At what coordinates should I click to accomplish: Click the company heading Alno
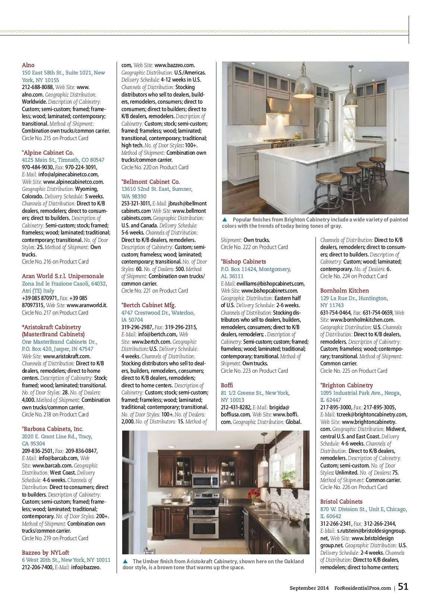click(28, 65)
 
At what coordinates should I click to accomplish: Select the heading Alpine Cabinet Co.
click(49, 153)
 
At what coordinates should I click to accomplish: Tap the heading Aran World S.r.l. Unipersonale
click(63, 276)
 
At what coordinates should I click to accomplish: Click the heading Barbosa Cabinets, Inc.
click(53, 429)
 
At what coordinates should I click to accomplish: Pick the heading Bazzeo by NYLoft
click(45, 553)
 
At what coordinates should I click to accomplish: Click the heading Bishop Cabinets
click(244, 262)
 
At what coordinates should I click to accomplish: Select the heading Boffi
click(227, 385)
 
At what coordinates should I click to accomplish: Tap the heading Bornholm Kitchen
click(345, 291)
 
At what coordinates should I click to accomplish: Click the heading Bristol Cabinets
click(341, 502)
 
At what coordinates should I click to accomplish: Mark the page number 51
click(403, 587)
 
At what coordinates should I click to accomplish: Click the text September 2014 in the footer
click(309, 588)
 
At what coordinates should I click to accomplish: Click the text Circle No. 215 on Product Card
click(55, 138)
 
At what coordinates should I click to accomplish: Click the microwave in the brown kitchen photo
click(206, 481)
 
